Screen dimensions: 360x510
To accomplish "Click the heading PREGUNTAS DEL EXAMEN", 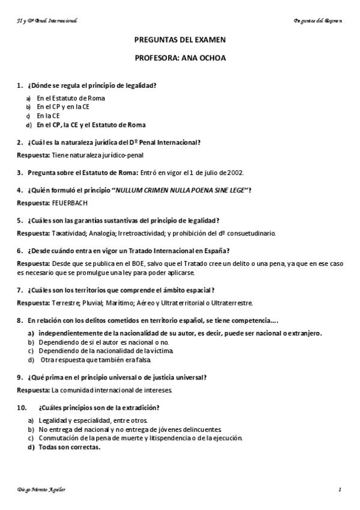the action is click(x=180, y=40).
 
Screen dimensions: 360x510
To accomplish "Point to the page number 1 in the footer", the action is click(x=340, y=490).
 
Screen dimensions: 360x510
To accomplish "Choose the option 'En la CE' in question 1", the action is click(x=48, y=115).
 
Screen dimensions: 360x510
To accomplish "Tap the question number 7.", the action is click(x=20, y=289).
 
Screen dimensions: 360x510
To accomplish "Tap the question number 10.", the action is click(x=21, y=407).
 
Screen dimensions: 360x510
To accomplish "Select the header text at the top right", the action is click(x=318, y=20).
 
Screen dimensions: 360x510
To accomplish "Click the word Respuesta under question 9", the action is click(x=33, y=390).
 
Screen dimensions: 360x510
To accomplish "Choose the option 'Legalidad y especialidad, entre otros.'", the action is click(x=93, y=420).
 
